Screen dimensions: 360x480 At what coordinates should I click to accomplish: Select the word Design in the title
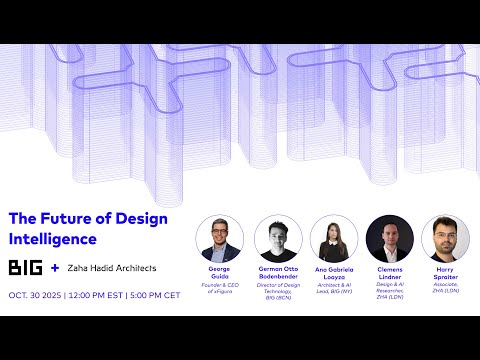coord(139,219)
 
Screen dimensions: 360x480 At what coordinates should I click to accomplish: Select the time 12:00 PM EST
coord(111,296)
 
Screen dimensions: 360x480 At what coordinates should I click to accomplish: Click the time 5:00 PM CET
coord(179,296)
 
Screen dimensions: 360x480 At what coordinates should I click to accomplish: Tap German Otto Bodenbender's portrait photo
coord(278,239)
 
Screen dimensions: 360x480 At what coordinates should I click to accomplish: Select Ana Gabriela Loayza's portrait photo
coord(333,239)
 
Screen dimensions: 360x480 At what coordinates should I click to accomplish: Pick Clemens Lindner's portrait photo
coord(389,239)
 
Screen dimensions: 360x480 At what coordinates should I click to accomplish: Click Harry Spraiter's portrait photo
coord(445,239)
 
